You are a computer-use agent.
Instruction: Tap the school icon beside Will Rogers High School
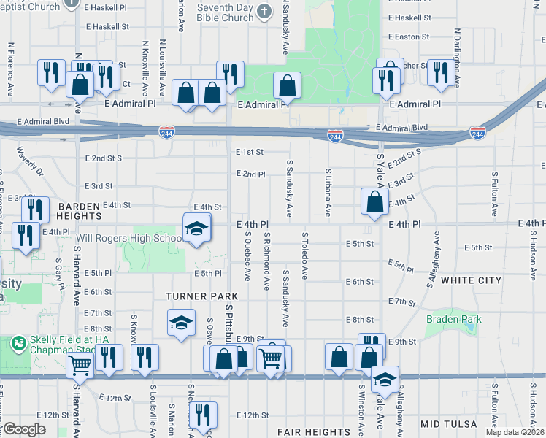tap(195, 229)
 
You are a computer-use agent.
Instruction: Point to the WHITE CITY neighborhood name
tap(472, 280)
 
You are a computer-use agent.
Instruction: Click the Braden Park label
tap(453, 319)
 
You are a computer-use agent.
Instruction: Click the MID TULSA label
tap(448, 424)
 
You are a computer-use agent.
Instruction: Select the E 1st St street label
tap(249, 152)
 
